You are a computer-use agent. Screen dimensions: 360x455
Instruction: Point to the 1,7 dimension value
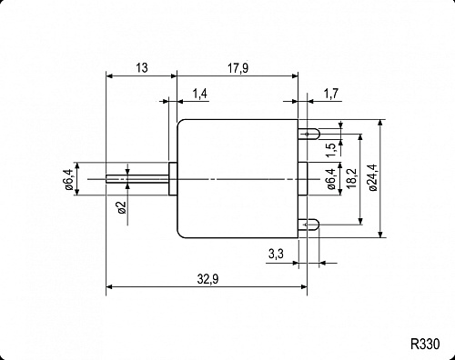click(x=332, y=94)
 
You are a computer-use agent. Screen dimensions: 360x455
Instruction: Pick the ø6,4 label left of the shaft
click(x=68, y=179)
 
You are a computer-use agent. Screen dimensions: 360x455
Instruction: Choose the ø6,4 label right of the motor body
click(x=330, y=179)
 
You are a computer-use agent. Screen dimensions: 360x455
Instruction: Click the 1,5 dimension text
click(x=330, y=139)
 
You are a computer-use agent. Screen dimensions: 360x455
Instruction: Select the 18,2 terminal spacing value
click(x=351, y=179)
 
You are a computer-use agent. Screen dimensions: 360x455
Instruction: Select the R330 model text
click(x=424, y=345)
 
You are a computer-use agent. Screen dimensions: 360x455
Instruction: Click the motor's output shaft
click(x=136, y=179)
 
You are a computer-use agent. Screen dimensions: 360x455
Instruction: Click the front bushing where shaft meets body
click(x=172, y=179)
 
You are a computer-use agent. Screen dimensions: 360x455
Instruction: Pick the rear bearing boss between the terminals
click(x=302, y=179)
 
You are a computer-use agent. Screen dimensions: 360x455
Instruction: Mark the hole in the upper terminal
click(x=315, y=134)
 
